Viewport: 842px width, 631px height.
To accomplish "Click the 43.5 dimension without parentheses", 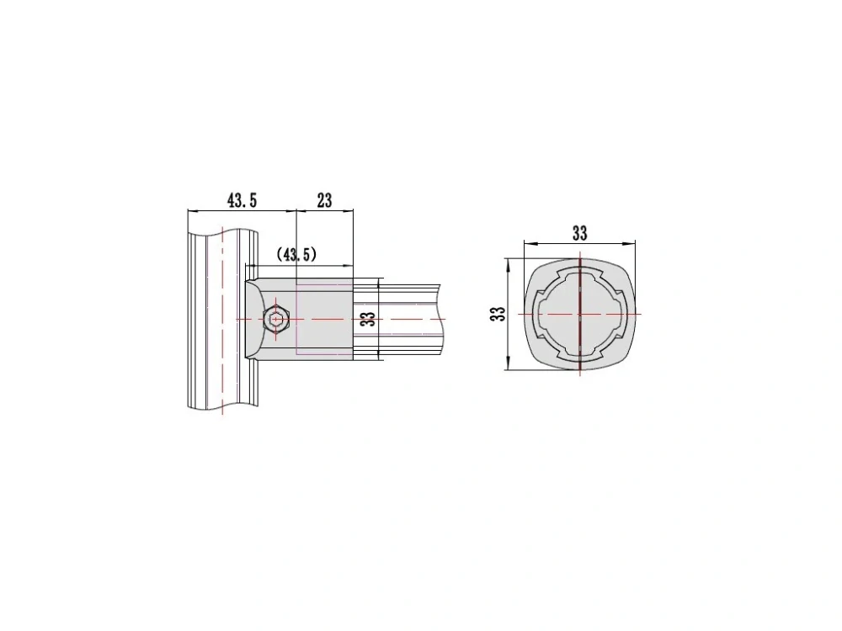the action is [242, 201].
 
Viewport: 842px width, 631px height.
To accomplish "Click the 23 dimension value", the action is [325, 201].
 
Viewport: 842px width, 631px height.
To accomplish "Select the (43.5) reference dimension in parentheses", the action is [296, 254].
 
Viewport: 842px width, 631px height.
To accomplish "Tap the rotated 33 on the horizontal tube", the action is [368, 319].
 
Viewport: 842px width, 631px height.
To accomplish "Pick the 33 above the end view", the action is [579, 233].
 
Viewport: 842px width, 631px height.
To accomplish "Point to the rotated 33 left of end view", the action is [499, 314].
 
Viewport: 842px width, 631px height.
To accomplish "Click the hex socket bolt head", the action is [276, 319].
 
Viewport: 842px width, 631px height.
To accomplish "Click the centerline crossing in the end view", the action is [580, 314].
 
